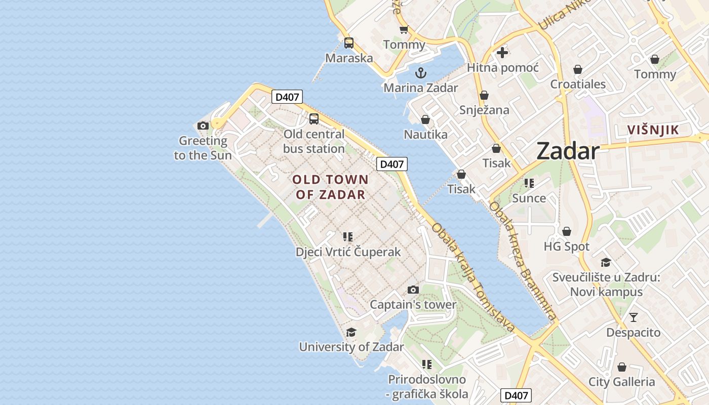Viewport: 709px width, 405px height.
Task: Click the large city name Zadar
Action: coord(568,151)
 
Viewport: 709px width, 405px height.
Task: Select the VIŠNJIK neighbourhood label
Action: coord(653,130)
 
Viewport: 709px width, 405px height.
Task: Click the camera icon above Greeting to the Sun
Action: coord(203,126)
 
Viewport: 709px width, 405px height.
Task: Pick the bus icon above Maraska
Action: coord(349,43)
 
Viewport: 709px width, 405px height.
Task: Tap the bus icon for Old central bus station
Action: coord(314,119)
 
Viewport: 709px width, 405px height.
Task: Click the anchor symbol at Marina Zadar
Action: coord(421,73)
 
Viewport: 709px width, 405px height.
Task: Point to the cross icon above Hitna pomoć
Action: coord(502,53)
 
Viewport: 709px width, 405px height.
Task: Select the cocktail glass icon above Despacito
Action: coord(634,317)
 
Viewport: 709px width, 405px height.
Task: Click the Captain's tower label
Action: coord(413,305)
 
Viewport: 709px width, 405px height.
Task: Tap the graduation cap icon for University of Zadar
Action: coord(351,332)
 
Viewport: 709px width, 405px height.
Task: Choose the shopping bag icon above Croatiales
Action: coord(578,69)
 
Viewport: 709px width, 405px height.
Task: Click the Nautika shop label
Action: coord(425,134)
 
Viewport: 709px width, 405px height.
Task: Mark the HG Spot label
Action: coord(566,247)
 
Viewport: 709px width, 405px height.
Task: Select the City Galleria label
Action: coord(621,382)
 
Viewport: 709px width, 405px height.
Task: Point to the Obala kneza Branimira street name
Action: coord(523,261)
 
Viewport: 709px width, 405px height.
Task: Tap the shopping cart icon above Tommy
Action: coord(404,30)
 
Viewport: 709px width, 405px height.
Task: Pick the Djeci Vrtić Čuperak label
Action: coord(348,252)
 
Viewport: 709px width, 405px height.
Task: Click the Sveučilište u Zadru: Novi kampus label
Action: coord(606,285)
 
